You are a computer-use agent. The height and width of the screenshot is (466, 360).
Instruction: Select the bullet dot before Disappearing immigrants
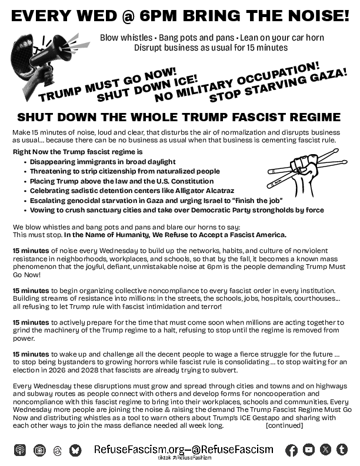pyautogui.click(x=24, y=162)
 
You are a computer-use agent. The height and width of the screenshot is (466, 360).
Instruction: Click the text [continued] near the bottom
pyautogui.click(x=285, y=424)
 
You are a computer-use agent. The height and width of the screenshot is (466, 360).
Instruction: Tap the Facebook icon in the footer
pyautogui.click(x=291, y=450)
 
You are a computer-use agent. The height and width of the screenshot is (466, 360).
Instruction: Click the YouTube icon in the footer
pyautogui.click(x=308, y=450)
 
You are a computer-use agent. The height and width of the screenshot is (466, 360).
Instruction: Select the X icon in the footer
pyautogui.click(x=325, y=450)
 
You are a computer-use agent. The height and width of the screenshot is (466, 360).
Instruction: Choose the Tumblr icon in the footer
pyautogui.click(x=342, y=450)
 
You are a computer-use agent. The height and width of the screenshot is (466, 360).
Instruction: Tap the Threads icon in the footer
pyautogui.click(x=57, y=450)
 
